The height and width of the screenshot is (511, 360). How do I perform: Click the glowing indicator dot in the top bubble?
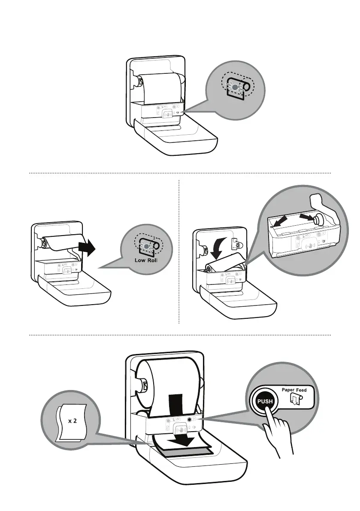tap(234, 87)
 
